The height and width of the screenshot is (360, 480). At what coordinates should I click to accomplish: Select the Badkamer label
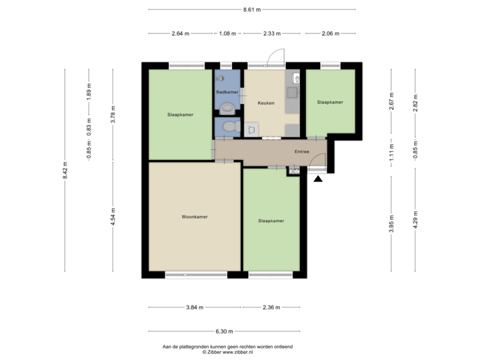point(227,92)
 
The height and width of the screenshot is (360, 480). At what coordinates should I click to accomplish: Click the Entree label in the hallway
point(302,152)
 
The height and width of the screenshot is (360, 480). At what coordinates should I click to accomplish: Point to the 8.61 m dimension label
point(251,9)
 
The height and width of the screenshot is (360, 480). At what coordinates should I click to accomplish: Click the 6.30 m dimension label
point(223,331)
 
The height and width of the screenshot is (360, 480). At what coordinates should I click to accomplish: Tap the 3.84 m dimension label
point(195,307)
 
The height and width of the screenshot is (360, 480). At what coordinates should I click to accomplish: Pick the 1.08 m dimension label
point(228,33)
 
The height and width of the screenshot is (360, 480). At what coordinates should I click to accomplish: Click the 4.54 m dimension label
point(113,217)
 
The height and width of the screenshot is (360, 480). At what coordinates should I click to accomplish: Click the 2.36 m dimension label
point(271,307)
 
